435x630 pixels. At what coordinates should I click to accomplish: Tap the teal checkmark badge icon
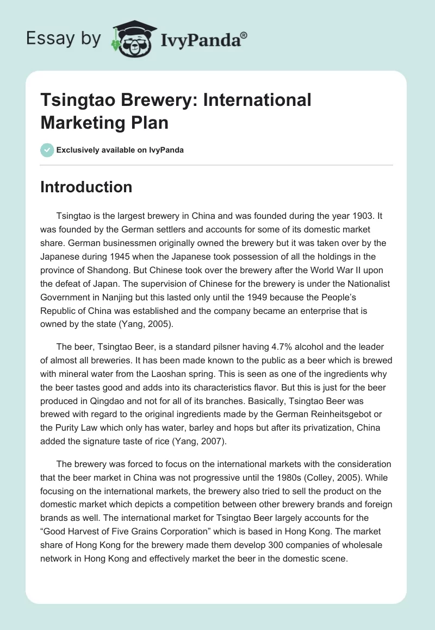[x=47, y=150]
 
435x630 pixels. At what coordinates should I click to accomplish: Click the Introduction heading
[x=86, y=187]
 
